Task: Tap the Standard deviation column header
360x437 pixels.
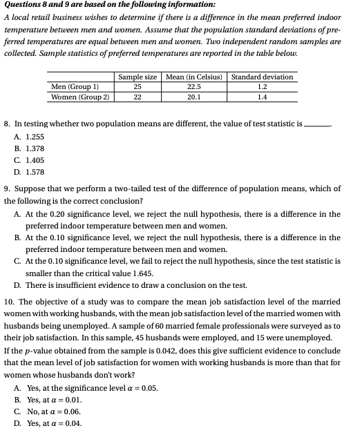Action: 262,77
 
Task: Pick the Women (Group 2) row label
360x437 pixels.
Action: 81,97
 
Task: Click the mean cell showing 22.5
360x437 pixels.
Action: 193,87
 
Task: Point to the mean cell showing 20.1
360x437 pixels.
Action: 193,97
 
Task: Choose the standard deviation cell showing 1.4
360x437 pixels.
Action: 261,97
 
